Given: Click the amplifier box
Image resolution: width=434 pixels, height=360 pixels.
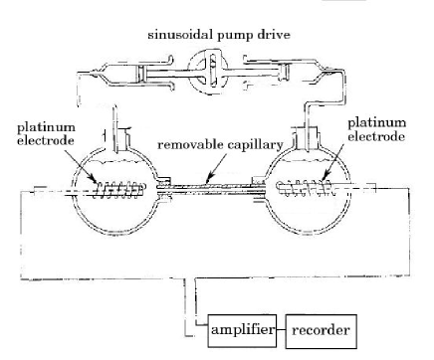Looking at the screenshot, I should (243, 330).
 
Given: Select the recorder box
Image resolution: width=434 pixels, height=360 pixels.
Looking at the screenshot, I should (320, 330).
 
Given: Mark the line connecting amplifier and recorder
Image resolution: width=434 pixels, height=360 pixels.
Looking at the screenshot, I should (281, 330).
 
